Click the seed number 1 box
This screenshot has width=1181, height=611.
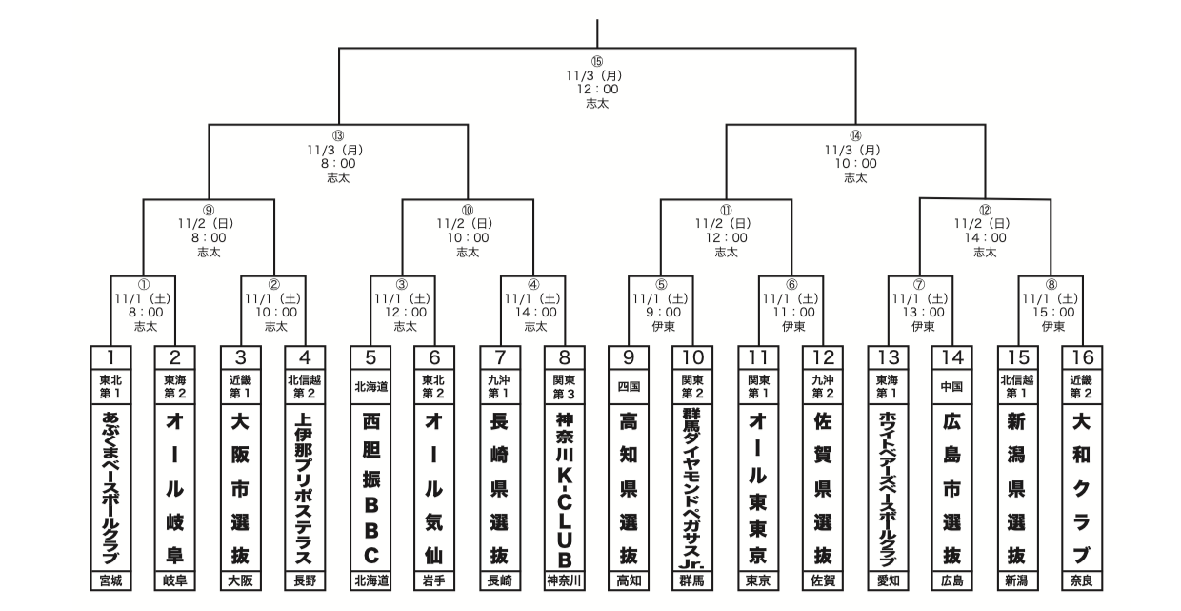[110, 357]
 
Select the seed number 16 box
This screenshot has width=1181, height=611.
[1082, 357]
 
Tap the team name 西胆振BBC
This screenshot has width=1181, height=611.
[370, 486]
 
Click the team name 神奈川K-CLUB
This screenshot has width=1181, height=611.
[564, 486]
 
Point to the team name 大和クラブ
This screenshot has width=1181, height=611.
[1082, 486]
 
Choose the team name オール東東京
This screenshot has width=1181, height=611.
[758, 486]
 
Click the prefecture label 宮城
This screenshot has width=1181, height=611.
[110, 580]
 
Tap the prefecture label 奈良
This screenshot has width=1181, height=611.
[1082, 580]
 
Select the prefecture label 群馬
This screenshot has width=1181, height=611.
[693, 580]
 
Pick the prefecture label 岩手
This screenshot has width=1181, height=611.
[434, 580]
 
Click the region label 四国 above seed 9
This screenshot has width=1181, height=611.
[629, 387]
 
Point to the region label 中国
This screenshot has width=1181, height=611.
[952, 387]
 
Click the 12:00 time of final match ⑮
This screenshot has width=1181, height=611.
[597, 90]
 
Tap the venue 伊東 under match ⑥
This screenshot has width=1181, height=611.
[791, 325]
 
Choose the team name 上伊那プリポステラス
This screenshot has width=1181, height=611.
[305, 486]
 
